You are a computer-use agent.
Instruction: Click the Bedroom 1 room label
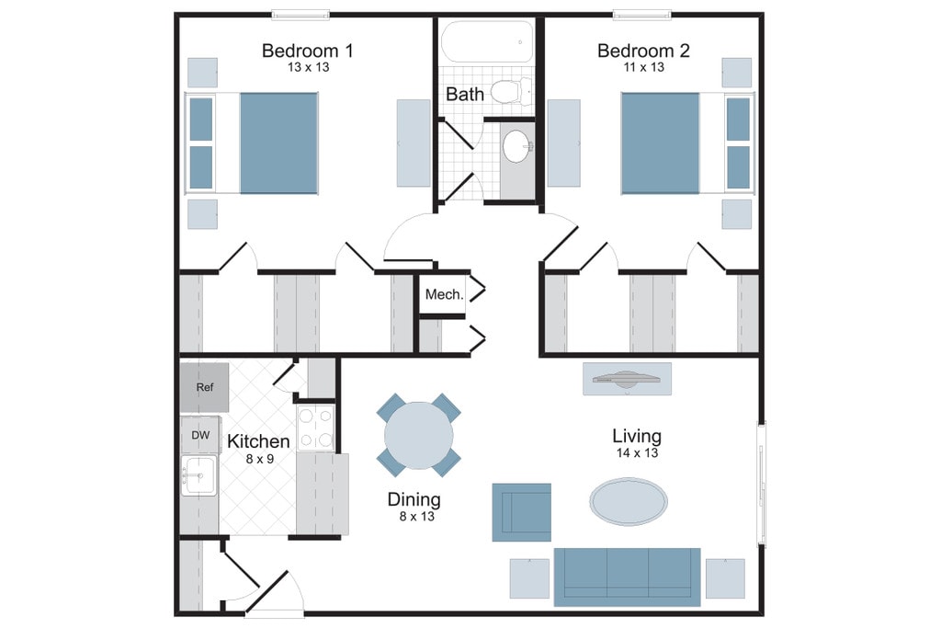[x=307, y=51]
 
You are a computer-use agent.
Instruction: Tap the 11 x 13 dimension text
[x=643, y=67]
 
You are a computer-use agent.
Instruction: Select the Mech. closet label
[x=443, y=295]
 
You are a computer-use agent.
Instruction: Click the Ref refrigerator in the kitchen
[x=204, y=387]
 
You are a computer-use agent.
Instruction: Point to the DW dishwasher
[x=200, y=435]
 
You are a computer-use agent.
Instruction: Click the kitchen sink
[x=198, y=475]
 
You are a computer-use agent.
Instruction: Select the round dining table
[x=419, y=436]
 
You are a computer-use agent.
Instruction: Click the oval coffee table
[x=629, y=501]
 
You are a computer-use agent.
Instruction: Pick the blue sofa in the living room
[x=627, y=576]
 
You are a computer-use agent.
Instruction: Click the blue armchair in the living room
[x=521, y=512]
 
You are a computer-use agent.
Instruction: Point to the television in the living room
[x=627, y=378]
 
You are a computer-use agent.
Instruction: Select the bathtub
[x=487, y=42]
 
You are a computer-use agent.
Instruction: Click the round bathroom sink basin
[x=516, y=146]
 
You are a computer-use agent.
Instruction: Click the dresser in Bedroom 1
[x=414, y=142]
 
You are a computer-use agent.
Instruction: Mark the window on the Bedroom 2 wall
[x=642, y=14]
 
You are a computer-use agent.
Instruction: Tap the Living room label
[x=637, y=436]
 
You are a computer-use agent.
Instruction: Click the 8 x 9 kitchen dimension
[x=258, y=457]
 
